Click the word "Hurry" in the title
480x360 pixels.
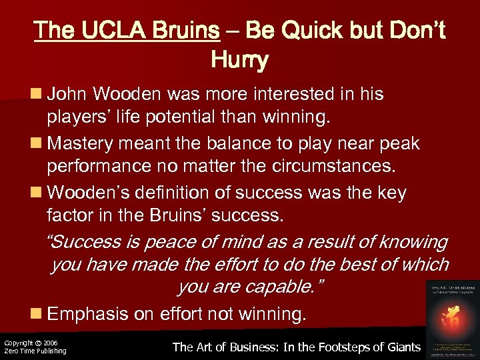click(239, 61)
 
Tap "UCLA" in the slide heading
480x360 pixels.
click(108, 31)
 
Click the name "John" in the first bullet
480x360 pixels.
click(67, 94)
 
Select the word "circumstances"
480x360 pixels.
click(337, 166)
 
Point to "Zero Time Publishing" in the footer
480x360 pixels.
click(35, 351)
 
